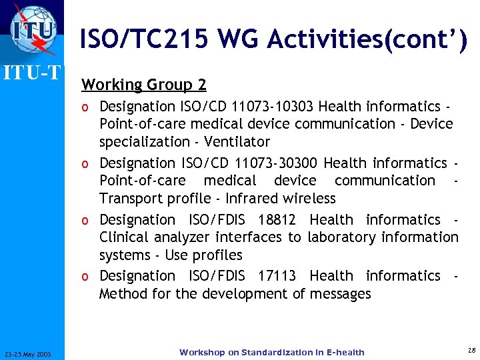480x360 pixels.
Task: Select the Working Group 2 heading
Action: click(x=143, y=85)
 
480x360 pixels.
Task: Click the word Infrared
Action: click(x=255, y=199)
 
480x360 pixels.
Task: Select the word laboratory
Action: click(x=340, y=237)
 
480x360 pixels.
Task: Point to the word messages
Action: click(x=340, y=294)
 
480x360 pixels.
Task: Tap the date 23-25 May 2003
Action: click(x=32, y=353)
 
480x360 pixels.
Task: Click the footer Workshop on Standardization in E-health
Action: click(x=271, y=352)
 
